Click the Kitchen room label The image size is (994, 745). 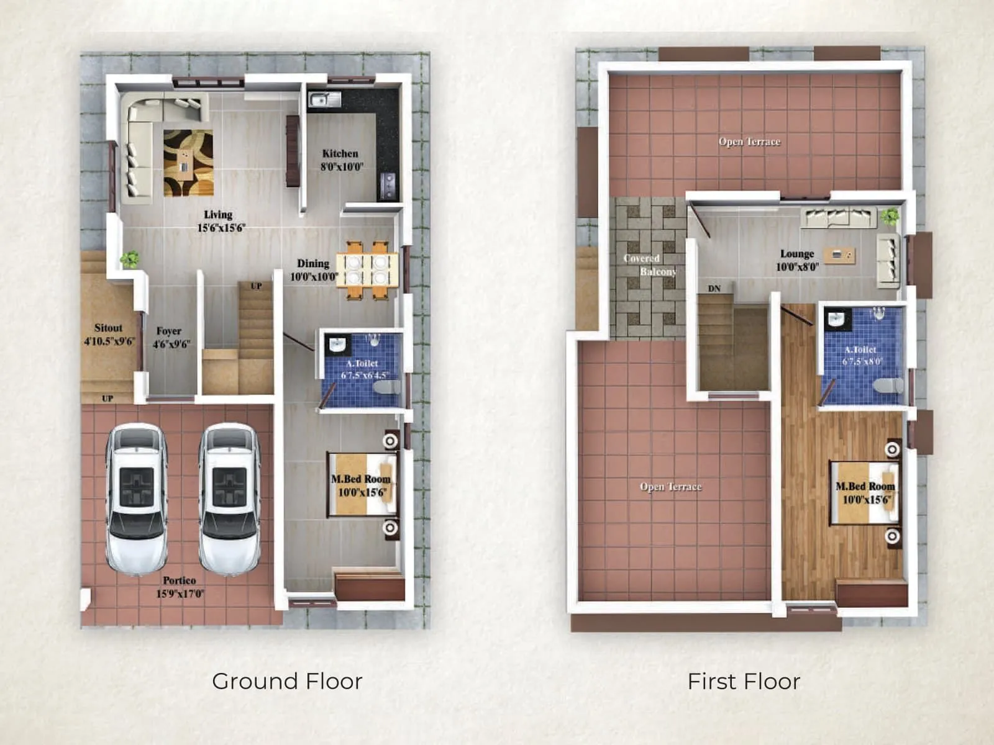(x=340, y=153)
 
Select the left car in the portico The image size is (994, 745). (x=136, y=498)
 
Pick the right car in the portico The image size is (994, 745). (x=229, y=498)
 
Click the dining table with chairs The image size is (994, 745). (x=367, y=269)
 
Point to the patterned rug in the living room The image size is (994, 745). (x=188, y=163)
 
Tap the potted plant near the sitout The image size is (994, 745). (x=130, y=258)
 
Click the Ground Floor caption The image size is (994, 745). (x=287, y=681)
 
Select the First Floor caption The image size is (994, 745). (x=744, y=681)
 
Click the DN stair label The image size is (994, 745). (x=714, y=289)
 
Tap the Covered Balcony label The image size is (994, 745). (x=650, y=265)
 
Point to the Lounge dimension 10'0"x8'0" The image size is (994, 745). (x=797, y=267)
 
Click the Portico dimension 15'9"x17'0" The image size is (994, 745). (x=180, y=594)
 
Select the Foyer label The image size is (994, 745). (x=169, y=331)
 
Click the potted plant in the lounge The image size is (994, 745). (x=890, y=216)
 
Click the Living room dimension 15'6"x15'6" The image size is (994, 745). (x=221, y=228)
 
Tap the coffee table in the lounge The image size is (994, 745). (x=839, y=255)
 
